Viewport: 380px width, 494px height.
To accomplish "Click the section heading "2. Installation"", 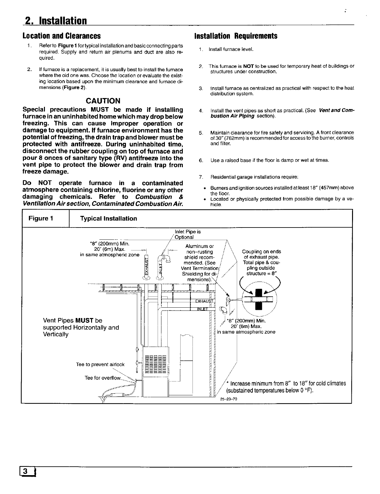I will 55,21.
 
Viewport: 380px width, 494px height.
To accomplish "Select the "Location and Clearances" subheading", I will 62,36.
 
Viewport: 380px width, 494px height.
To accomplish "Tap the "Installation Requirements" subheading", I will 236,36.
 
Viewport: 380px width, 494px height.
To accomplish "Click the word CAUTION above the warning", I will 103,101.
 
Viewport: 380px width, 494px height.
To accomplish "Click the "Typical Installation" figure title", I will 109,218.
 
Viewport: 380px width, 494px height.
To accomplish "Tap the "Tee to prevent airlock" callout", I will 100,364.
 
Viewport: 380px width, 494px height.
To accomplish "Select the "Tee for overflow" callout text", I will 103,377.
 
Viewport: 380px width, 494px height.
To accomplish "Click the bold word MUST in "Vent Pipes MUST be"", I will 85,321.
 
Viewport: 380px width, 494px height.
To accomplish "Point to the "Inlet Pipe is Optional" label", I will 187,234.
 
